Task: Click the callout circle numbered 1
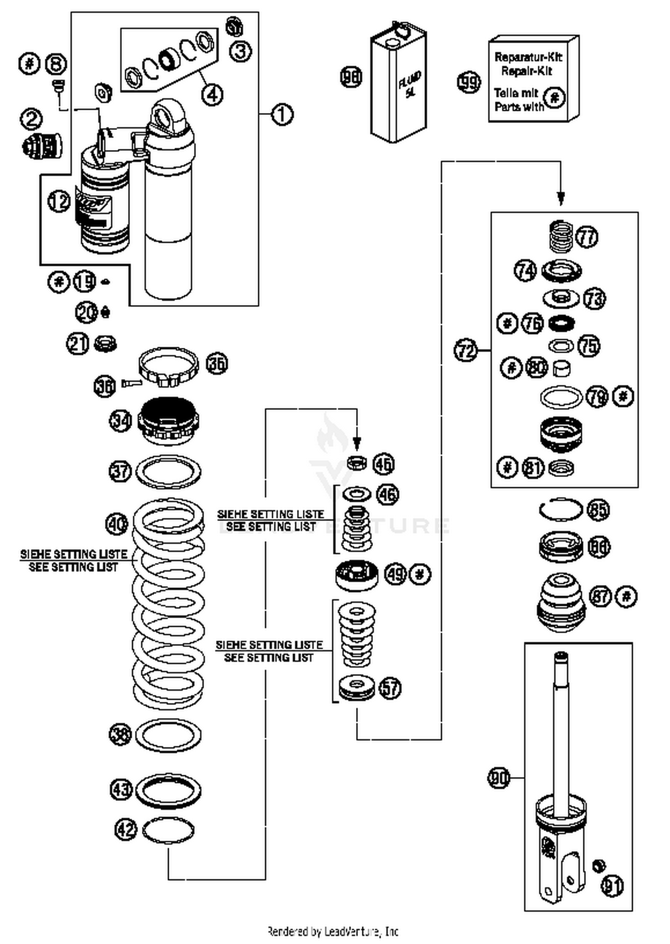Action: pyautogui.click(x=282, y=115)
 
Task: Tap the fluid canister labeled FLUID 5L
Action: pyautogui.click(x=399, y=87)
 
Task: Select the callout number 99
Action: pyautogui.click(x=469, y=82)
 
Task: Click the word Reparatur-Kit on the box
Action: pyautogui.click(x=528, y=57)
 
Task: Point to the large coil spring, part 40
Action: pyautogui.click(x=169, y=603)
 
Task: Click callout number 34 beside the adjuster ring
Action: pyautogui.click(x=120, y=421)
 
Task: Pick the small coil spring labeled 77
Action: pyautogui.click(x=561, y=236)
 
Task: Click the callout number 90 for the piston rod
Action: pyautogui.click(x=498, y=778)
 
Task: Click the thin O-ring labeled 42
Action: pyautogui.click(x=168, y=830)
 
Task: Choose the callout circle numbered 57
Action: pyautogui.click(x=390, y=688)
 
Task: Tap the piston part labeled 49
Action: pyautogui.click(x=356, y=575)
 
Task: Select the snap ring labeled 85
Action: pyautogui.click(x=561, y=510)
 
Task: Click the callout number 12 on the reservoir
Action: pyautogui.click(x=59, y=202)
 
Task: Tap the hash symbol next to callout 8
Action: pyautogui.click(x=29, y=63)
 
